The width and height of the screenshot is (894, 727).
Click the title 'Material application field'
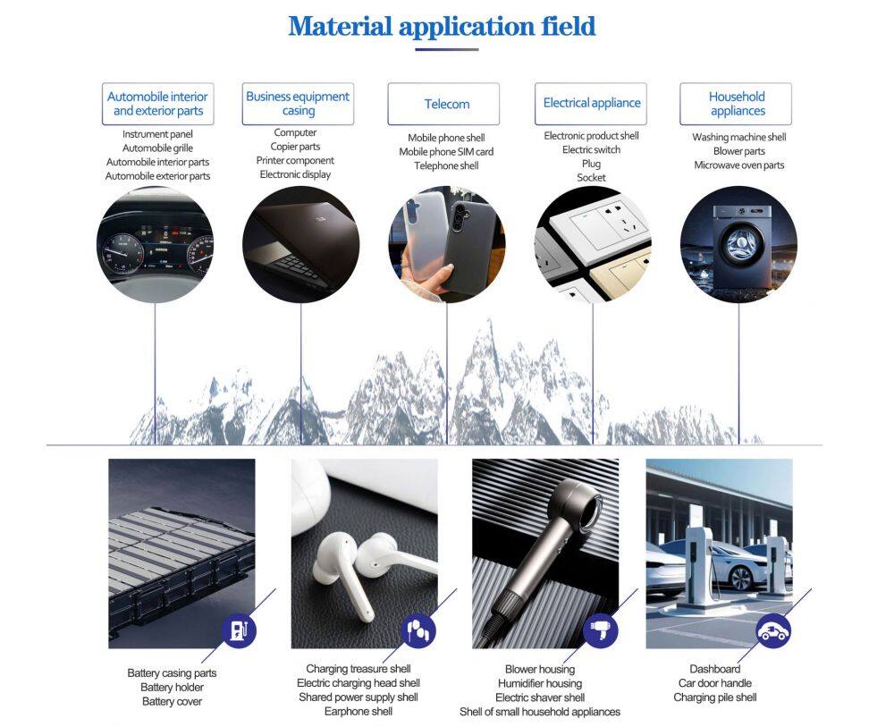442,26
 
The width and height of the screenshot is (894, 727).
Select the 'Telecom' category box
443,104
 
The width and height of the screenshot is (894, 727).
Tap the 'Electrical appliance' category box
591,103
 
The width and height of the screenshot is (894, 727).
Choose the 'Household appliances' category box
736,104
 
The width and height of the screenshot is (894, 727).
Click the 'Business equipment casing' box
298,104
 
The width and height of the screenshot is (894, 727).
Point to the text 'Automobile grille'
157,148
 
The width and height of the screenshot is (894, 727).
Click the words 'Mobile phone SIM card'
446,152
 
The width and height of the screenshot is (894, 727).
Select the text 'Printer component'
295,161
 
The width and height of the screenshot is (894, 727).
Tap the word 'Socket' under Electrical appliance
591,177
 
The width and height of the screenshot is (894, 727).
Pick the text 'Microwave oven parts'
739,165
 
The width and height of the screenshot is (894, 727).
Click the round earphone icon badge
419,630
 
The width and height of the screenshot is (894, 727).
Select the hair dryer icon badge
601,630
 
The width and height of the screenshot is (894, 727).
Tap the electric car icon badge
773,630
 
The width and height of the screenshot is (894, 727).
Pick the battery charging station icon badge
239,630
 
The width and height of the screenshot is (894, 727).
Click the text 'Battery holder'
172,688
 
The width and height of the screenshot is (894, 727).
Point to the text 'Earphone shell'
358,712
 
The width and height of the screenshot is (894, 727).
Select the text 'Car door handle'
715,683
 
